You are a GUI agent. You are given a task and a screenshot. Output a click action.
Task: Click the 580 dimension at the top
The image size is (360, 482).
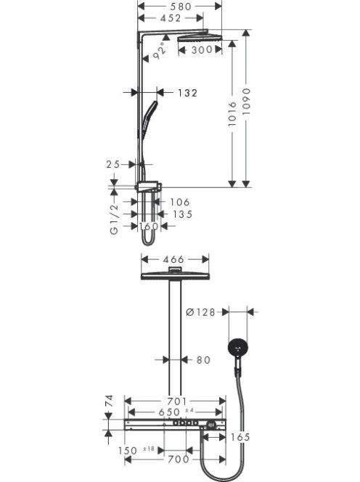coord(181,7)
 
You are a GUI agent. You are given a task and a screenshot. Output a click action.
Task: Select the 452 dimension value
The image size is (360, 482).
coord(171,18)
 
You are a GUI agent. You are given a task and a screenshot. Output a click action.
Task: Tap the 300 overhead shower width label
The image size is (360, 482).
coord(202,49)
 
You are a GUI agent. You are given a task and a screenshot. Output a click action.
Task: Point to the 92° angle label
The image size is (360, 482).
coord(160,51)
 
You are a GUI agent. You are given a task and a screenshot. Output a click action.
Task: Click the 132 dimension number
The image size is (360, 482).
coord(187,93)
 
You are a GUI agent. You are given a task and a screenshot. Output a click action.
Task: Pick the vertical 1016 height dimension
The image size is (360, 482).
coord(232,114)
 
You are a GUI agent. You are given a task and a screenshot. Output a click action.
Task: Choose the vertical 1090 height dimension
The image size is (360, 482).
coord(246,102)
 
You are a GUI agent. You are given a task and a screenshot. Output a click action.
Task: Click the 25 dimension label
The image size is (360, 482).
coord(112,165)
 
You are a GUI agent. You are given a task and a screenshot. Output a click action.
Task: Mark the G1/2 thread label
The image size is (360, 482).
coord(114,219)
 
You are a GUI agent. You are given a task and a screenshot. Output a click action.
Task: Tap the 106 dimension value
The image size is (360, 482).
coord(180,202)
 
